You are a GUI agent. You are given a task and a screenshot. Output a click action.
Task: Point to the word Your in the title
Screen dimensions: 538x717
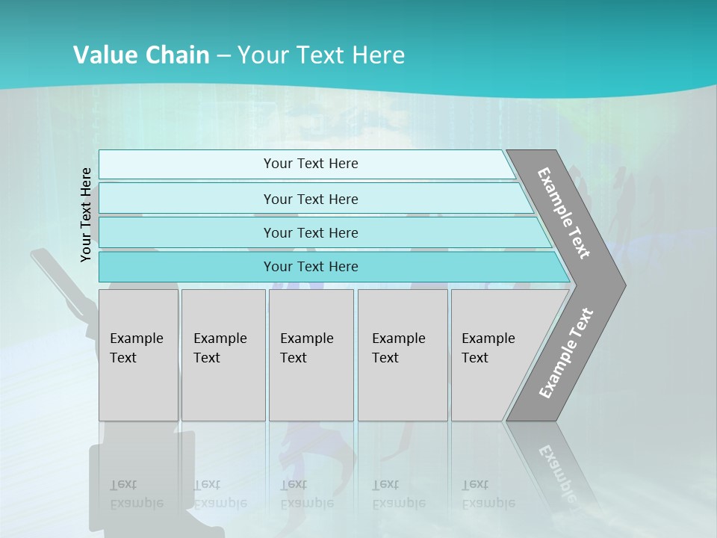pyautogui.click(x=261, y=55)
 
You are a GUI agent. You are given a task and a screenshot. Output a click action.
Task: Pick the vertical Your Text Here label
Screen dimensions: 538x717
pyautogui.click(x=86, y=214)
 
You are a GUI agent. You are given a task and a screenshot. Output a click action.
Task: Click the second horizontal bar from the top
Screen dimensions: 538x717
pyautogui.click(x=310, y=199)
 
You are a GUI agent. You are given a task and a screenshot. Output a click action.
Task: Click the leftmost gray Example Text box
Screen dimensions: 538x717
pyautogui.click(x=138, y=355)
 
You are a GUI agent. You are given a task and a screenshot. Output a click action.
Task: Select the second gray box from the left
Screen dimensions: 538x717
pyautogui.click(x=223, y=355)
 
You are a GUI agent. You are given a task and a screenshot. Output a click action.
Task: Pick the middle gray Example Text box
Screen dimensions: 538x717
pyautogui.click(x=311, y=355)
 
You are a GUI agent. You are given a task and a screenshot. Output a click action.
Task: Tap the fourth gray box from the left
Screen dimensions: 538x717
pyautogui.click(x=403, y=355)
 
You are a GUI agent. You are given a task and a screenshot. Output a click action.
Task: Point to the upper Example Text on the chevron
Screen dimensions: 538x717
pyautogui.click(x=564, y=213)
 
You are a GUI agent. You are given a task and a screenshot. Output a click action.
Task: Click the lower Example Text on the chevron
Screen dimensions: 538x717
pyautogui.click(x=565, y=353)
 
